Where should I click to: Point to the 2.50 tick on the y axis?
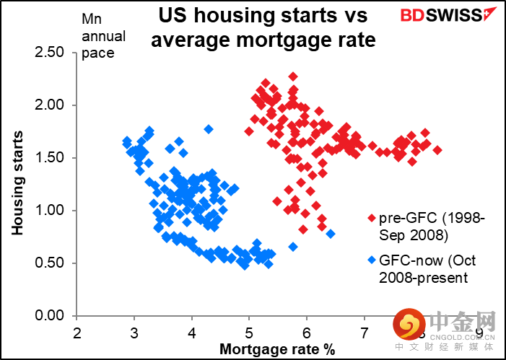50,53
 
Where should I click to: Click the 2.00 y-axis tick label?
50,105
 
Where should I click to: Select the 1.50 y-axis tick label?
50,158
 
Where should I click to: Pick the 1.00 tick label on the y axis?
50,211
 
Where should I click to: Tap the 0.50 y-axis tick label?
50,263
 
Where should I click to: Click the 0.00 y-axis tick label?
50,316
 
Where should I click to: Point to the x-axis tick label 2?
77,333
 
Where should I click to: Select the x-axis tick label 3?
134,333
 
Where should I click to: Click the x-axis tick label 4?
192,333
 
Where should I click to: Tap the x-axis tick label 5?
250,333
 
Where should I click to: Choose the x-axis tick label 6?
307,333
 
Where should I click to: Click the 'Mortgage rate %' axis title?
279,349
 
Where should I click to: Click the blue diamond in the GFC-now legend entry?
372,260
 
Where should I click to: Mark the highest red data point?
293,76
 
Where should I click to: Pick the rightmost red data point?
437,150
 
